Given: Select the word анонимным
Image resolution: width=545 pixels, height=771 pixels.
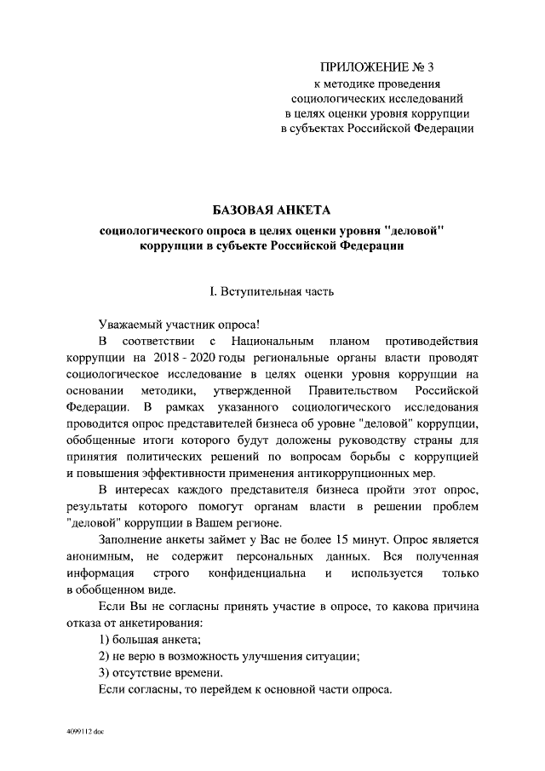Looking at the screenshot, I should pos(100,556).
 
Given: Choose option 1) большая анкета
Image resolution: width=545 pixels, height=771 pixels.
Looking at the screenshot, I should pos(149,639).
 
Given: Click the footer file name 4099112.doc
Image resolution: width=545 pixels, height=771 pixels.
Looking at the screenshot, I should pos(85,732).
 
